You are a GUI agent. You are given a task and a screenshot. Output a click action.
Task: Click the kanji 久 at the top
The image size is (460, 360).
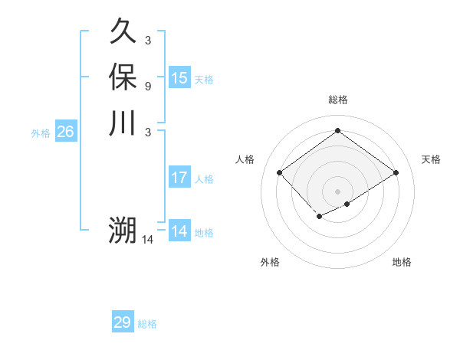(123, 33)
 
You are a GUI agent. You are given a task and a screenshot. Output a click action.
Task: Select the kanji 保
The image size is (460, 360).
(123, 78)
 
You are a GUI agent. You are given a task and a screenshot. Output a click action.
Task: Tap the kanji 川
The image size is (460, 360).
(123, 123)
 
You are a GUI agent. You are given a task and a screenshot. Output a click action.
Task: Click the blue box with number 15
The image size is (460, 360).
(179, 78)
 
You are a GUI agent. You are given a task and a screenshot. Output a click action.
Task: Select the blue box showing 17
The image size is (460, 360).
(179, 178)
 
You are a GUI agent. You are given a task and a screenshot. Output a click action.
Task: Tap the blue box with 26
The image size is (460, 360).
(65, 133)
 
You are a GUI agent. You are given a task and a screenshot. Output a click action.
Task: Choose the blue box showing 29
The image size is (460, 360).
(123, 322)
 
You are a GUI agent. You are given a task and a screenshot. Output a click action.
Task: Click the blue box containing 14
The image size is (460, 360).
(179, 231)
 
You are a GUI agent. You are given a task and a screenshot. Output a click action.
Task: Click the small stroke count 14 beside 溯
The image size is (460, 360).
(148, 240)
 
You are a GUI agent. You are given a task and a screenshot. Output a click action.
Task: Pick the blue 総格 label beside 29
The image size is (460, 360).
(147, 324)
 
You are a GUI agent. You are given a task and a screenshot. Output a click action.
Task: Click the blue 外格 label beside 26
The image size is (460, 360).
(41, 133)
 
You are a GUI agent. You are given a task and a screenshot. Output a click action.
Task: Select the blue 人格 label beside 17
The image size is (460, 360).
(204, 179)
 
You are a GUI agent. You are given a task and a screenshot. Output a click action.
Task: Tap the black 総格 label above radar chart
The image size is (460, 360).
(337, 100)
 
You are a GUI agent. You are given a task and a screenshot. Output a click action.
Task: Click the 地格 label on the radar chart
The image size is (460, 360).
(402, 262)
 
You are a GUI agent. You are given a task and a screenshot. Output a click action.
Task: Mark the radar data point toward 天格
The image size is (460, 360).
(396, 172)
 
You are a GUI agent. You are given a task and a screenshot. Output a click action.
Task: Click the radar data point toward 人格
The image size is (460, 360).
(280, 172)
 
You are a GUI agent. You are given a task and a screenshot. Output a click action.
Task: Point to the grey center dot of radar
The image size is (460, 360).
(337, 191)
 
